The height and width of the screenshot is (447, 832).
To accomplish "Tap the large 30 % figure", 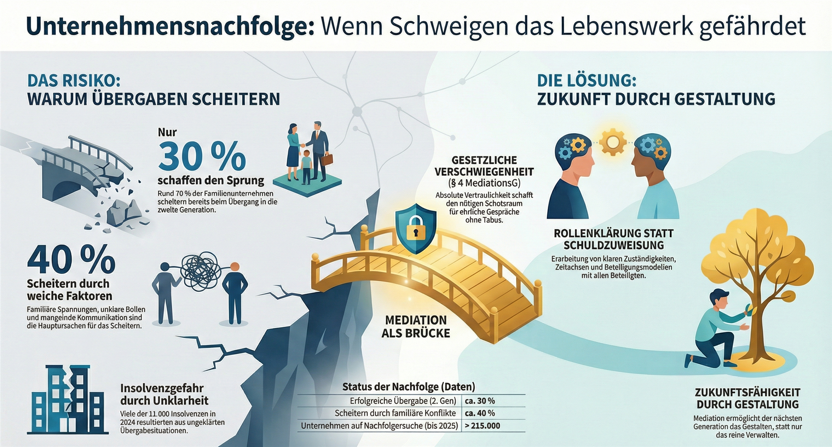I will (202, 156).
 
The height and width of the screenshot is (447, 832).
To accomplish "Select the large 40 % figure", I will (71, 260).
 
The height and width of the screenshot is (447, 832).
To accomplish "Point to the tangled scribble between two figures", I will (201, 271).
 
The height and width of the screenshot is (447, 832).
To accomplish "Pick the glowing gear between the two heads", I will (612, 141).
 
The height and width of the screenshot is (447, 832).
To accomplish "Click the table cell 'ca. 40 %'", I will (480, 413).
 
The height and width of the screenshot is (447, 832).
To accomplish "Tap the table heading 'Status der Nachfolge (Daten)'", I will (409, 386).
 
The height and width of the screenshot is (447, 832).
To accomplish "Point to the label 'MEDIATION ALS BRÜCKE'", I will (416, 327).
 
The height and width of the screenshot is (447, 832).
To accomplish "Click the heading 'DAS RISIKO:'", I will (74, 81).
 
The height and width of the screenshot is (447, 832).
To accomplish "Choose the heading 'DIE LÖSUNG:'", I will (587, 81).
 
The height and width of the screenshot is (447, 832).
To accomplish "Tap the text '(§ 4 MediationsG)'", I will (484, 183).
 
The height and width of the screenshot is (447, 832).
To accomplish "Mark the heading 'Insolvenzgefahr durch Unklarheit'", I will (164, 394).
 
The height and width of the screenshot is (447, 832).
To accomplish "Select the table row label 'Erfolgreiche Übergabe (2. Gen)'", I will (403, 401).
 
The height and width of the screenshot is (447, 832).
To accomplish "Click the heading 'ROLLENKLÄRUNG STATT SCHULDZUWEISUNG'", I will (614, 239).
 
